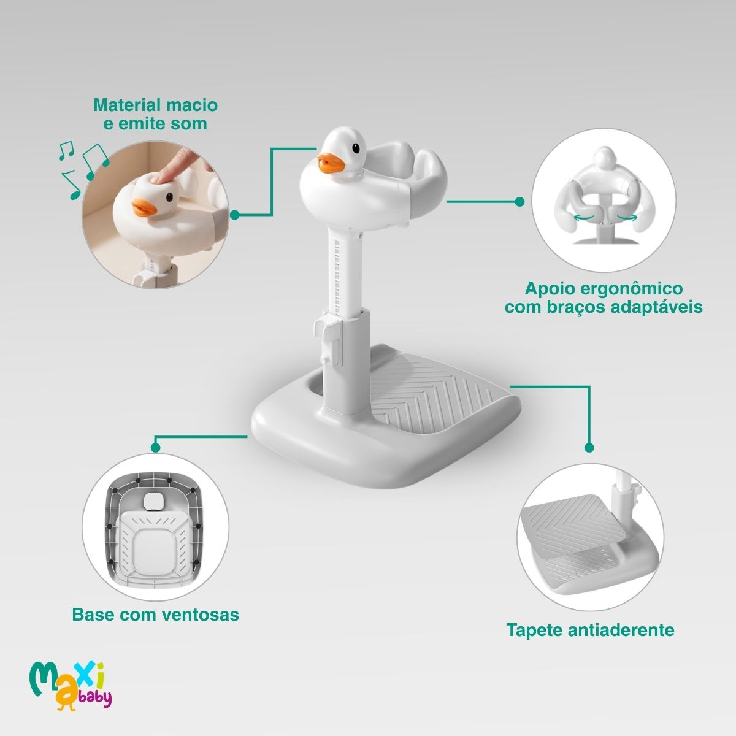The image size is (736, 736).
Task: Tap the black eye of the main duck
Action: click(x=356, y=148)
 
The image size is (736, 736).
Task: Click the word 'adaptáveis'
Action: click(x=656, y=307)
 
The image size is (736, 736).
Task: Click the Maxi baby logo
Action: click(x=71, y=688)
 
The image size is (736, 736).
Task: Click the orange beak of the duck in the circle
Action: click(x=144, y=207)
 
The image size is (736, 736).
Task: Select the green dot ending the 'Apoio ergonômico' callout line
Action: click(x=519, y=201)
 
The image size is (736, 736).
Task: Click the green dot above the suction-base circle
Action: click(x=155, y=447)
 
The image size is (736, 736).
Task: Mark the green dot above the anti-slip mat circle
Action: click(x=589, y=447)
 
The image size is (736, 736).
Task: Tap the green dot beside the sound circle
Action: click(x=235, y=215)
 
